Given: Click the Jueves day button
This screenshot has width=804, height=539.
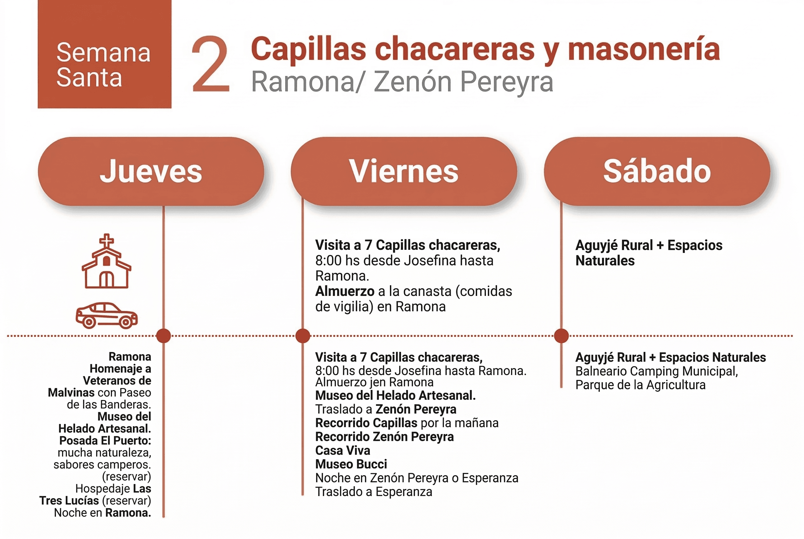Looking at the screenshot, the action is pyautogui.click(x=151, y=171).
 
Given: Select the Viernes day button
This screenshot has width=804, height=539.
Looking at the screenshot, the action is pyautogui.click(x=404, y=171).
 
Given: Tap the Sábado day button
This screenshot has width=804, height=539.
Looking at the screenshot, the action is pyautogui.click(x=657, y=171).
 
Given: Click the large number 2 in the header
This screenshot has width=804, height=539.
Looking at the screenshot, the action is pyautogui.click(x=211, y=65).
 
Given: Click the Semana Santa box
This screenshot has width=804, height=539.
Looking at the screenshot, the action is pyautogui.click(x=104, y=54).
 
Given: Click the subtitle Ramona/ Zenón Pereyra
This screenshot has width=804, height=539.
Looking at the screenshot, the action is pyautogui.click(x=402, y=82).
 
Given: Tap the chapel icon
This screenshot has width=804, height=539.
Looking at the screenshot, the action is pyautogui.click(x=106, y=265).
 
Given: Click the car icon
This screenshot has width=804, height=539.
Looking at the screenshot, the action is pyautogui.click(x=106, y=315).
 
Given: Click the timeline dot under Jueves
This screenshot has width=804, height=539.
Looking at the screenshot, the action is pyautogui.click(x=163, y=336).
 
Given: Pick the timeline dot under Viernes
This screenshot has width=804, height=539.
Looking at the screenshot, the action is pyautogui.click(x=303, y=336).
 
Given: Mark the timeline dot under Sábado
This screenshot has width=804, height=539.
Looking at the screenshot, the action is pyautogui.click(x=561, y=336).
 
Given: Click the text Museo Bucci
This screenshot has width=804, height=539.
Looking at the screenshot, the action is pyautogui.click(x=351, y=464).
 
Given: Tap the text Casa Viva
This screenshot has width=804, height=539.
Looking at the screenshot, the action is pyautogui.click(x=343, y=450).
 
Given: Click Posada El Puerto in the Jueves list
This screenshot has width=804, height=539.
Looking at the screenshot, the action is pyautogui.click(x=105, y=441).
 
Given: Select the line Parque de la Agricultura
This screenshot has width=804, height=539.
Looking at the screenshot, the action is pyautogui.click(x=640, y=385).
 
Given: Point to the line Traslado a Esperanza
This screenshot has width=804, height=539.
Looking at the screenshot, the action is pyautogui.click(x=374, y=492).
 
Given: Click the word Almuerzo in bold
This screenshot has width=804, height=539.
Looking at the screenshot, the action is pyautogui.click(x=345, y=291).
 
